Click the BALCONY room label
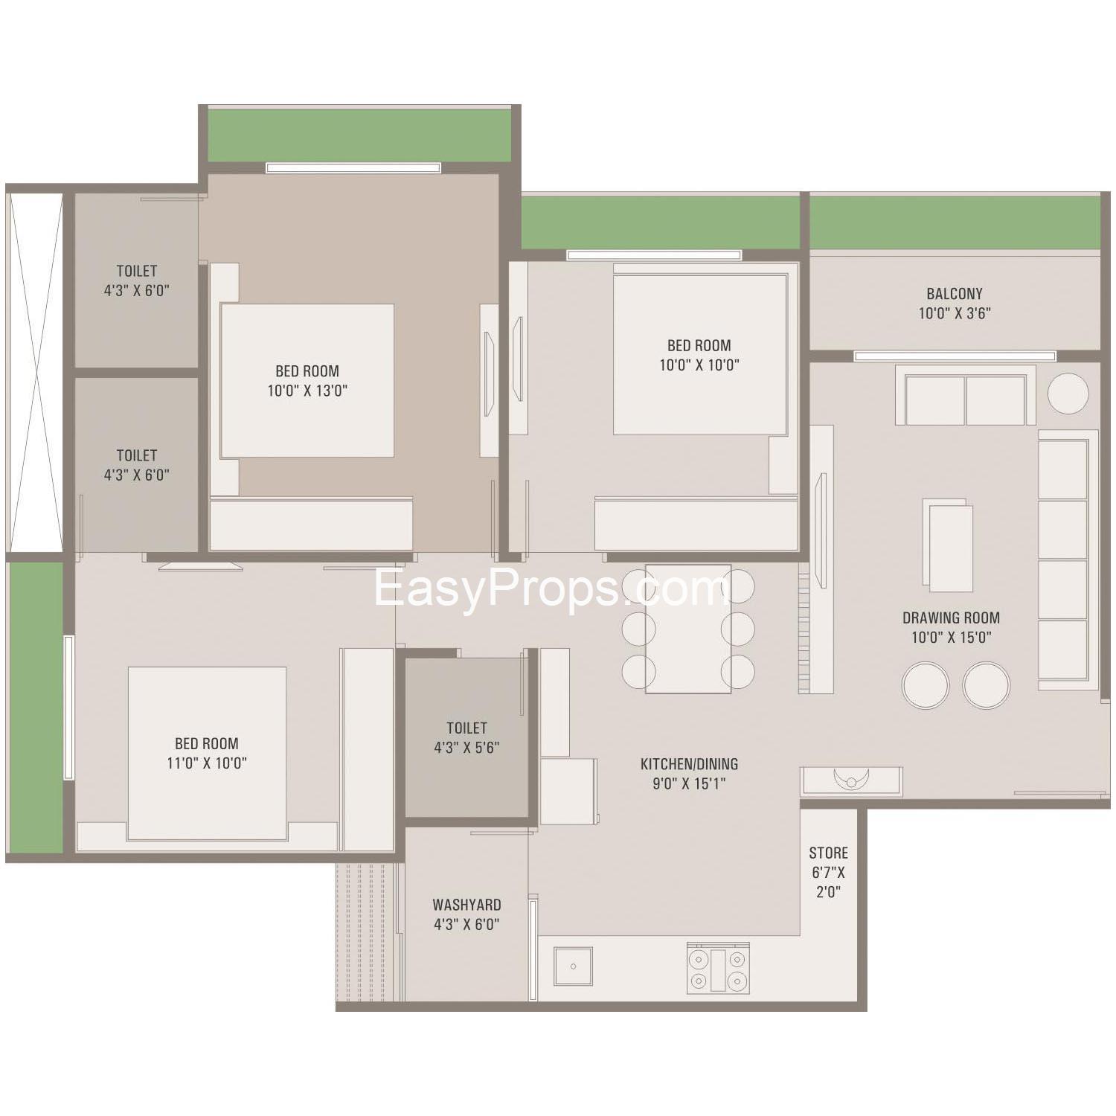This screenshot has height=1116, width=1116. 955,294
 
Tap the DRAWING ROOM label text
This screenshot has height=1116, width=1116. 951,618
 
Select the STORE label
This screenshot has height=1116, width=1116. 828,853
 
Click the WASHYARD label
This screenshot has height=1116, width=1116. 466,905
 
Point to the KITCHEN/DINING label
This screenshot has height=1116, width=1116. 689,764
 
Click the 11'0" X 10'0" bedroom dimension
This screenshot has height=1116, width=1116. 207,763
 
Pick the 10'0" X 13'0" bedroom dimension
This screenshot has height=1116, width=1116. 307,391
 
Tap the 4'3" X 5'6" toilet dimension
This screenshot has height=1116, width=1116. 466,748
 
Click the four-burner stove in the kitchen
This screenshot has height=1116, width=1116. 718,969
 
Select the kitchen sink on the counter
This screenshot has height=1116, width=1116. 573,966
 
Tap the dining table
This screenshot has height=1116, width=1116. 688,629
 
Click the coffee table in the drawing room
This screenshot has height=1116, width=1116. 948,545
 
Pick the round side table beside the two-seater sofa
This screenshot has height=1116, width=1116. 1068,393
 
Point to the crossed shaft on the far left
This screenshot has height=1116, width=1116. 35,372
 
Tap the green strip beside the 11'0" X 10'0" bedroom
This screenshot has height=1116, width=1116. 35,708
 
